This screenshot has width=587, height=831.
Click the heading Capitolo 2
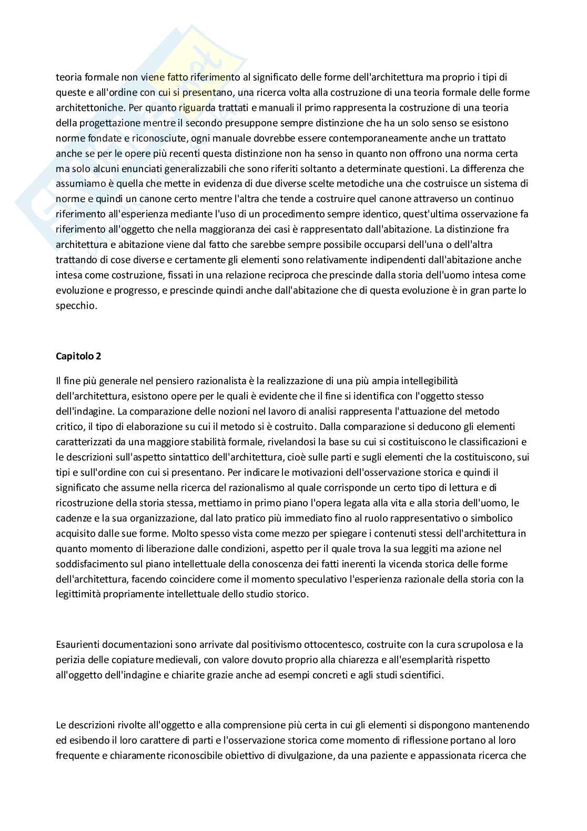[x=78, y=356]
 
